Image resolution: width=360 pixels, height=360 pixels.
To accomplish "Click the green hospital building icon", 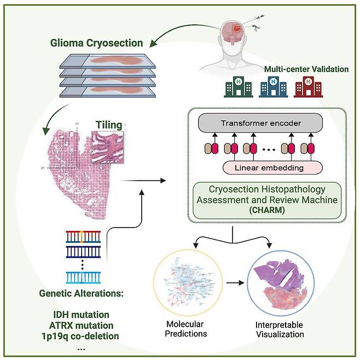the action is pos(239,87).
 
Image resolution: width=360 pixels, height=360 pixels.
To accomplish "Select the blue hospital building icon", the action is pos(273,87).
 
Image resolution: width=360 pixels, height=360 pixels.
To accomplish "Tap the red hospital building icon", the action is pos(309,87).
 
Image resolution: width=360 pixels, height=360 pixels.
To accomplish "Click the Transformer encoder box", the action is pos(260,123).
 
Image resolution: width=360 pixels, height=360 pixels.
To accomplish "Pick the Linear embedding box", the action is pos(272,167).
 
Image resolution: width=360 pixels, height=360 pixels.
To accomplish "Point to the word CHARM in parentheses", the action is pos(267,210).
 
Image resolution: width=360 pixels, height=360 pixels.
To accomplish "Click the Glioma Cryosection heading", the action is pos(96,43).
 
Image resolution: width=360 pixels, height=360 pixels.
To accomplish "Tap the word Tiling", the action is pos(109,125).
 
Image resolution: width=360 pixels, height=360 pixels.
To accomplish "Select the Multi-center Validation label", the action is pos(306,69).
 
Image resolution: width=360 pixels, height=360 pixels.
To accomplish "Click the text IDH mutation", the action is pos(81,315).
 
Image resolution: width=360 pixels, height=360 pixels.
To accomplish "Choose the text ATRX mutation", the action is pos(81,326).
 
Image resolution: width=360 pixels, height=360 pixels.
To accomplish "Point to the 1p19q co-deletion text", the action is pos(80,336).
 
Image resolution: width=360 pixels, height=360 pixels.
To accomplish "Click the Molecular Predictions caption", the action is pos(185,329).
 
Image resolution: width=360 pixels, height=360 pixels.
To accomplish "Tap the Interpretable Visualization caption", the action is pos(280,329).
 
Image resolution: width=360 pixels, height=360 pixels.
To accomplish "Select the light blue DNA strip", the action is pos(83,277).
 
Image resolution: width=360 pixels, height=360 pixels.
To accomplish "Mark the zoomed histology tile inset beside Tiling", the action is pos(107,147).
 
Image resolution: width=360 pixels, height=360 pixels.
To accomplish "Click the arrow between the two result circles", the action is pos(235,283).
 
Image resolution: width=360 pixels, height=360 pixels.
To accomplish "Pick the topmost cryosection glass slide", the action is pos(107,61).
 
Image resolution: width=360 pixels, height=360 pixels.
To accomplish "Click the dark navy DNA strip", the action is pos(83,252).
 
